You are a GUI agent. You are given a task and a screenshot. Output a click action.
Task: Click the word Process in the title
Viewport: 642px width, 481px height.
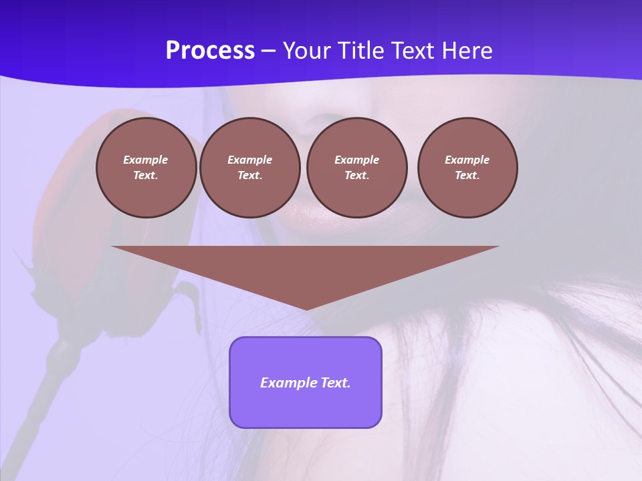pyautogui.click(x=210, y=50)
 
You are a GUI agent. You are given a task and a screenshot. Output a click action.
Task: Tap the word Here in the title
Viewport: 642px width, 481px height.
pyautogui.click(x=466, y=50)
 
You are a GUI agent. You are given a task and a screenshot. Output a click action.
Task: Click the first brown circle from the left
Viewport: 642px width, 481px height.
pyautogui.click(x=146, y=168)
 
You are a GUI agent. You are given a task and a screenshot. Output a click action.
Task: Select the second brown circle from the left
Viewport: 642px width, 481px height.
pyautogui.click(x=250, y=168)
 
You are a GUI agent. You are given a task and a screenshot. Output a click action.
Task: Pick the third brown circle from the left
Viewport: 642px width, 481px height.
pyautogui.click(x=357, y=168)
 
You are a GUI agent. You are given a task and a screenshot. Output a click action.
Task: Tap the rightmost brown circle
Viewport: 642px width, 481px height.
pyautogui.click(x=467, y=168)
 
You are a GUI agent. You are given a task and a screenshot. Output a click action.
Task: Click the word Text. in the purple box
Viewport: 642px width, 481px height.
pyautogui.click(x=336, y=383)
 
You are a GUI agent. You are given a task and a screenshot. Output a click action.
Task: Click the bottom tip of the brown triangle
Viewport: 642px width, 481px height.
pyautogui.click(x=306, y=308)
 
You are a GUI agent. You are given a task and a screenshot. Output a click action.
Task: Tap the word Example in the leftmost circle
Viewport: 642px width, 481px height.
pyautogui.click(x=146, y=160)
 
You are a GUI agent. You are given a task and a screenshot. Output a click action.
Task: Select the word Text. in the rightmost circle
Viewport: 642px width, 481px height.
pyautogui.click(x=467, y=176)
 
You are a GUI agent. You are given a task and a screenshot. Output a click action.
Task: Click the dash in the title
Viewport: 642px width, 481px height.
pyautogui.click(x=269, y=51)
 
